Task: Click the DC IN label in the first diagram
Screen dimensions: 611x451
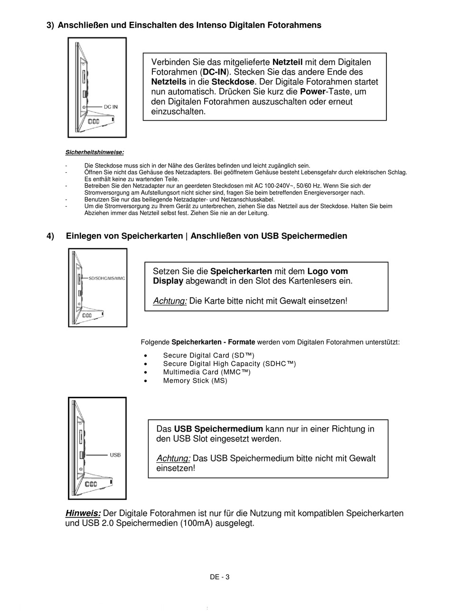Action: click(111, 107)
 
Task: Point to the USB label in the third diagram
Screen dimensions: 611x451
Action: click(115, 455)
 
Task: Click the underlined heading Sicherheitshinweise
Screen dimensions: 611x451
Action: click(94, 152)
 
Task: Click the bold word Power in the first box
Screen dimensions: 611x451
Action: click(313, 92)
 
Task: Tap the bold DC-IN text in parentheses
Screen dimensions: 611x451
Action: click(215, 72)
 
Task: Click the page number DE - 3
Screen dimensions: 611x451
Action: click(220, 577)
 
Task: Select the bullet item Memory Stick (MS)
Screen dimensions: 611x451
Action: click(195, 381)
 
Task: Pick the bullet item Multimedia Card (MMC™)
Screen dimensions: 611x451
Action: click(207, 372)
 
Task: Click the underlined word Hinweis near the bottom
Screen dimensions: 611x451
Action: click(83, 514)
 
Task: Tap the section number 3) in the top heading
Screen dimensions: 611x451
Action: click(50, 25)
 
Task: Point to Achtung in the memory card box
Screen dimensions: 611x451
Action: click(170, 301)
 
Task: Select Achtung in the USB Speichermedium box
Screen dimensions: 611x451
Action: click(173, 459)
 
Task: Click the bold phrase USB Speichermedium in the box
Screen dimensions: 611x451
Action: click(218, 429)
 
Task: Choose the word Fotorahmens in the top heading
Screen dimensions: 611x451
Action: click(296, 25)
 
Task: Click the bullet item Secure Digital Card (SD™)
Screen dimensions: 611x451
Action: click(208, 356)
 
